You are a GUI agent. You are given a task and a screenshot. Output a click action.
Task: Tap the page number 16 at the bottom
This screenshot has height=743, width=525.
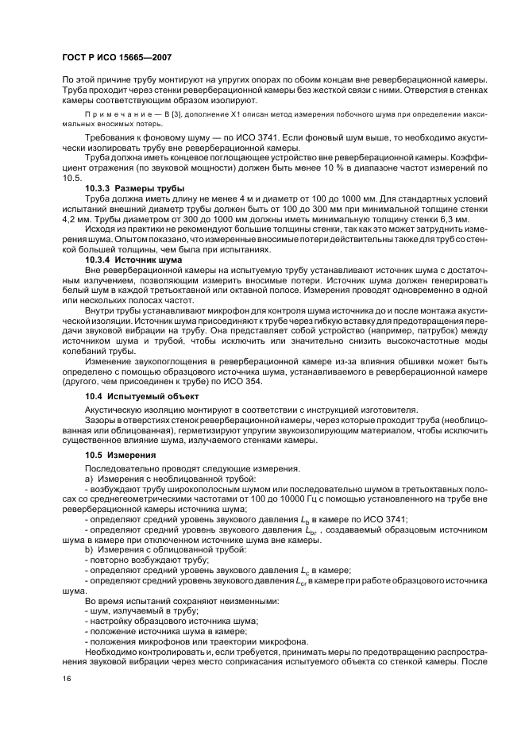point(67,677)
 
